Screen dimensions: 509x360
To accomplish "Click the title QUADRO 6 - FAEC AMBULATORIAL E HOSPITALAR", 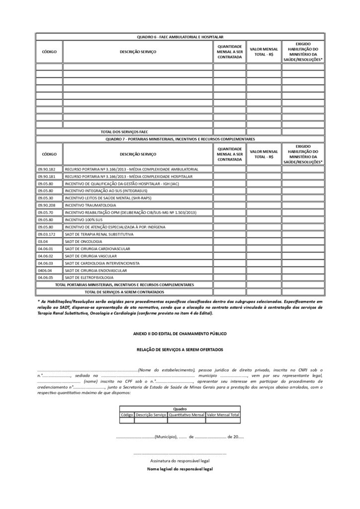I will tap(180, 37).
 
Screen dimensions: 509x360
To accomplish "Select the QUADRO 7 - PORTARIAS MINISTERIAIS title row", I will tap(180, 139).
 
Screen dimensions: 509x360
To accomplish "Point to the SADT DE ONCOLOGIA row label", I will tap(84, 241).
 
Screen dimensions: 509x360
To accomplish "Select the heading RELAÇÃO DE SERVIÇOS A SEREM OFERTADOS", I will tap(180, 349).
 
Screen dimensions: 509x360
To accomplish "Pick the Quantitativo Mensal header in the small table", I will tap(186, 414).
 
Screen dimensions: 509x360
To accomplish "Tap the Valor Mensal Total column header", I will tap(223, 414).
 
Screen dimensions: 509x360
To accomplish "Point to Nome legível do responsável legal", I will tap(180, 469).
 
